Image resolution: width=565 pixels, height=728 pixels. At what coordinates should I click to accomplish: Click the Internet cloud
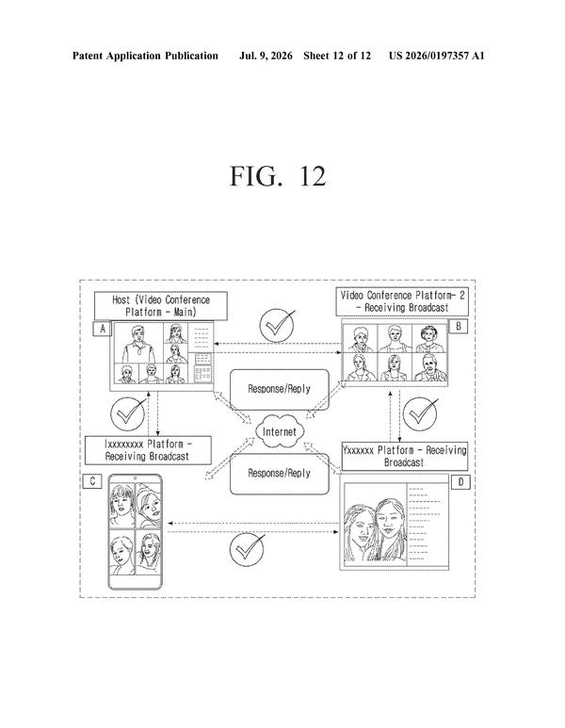click(x=280, y=431)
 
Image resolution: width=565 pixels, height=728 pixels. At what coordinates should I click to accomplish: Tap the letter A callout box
click(x=103, y=329)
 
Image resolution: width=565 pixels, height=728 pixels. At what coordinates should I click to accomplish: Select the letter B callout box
click(x=459, y=326)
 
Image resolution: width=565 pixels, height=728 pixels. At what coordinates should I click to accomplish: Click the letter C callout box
click(x=92, y=481)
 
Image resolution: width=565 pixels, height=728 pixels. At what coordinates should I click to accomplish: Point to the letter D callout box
click(x=460, y=482)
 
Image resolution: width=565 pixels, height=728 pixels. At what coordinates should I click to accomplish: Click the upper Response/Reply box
click(x=280, y=389)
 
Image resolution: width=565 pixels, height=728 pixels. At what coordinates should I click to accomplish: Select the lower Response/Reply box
click(x=280, y=473)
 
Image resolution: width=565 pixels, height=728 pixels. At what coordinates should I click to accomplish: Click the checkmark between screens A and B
click(x=277, y=326)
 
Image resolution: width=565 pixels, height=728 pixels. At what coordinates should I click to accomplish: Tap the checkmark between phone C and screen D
click(x=248, y=549)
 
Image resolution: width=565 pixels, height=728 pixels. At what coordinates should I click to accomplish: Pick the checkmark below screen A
click(x=128, y=413)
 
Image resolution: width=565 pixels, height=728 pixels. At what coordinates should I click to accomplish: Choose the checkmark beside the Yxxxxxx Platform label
click(x=420, y=413)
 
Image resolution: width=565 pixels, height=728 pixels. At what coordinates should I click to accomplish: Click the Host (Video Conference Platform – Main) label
click(x=161, y=306)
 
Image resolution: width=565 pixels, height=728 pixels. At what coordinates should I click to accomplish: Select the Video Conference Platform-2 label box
click(x=402, y=301)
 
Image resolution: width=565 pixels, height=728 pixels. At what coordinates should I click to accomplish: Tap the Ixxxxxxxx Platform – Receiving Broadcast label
click(x=148, y=450)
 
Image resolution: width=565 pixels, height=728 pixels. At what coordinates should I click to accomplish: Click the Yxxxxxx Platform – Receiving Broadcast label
click(x=404, y=456)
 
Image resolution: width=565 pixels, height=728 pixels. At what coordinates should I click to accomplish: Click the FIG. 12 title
click(x=278, y=176)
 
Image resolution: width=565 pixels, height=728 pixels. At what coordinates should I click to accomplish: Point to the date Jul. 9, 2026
click(x=266, y=56)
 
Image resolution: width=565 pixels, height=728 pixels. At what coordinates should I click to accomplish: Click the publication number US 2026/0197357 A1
click(x=436, y=56)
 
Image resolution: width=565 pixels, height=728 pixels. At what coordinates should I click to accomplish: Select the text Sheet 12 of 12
click(x=337, y=56)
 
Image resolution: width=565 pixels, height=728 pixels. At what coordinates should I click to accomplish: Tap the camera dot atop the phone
click(x=135, y=477)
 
